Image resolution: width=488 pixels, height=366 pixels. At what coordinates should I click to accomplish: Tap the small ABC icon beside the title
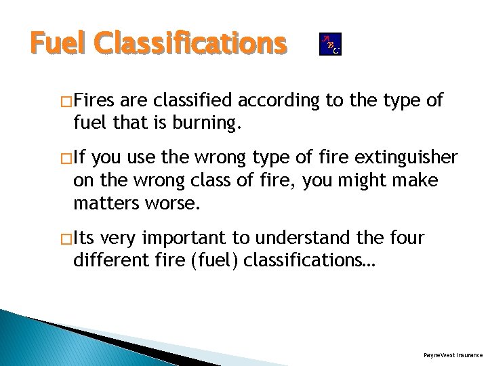coord(330,44)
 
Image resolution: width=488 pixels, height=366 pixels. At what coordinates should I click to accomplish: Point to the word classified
coord(192,102)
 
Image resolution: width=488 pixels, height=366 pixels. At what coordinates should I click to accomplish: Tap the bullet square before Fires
coord(66,102)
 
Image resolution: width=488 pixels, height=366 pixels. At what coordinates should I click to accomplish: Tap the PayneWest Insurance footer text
coord(452,354)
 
